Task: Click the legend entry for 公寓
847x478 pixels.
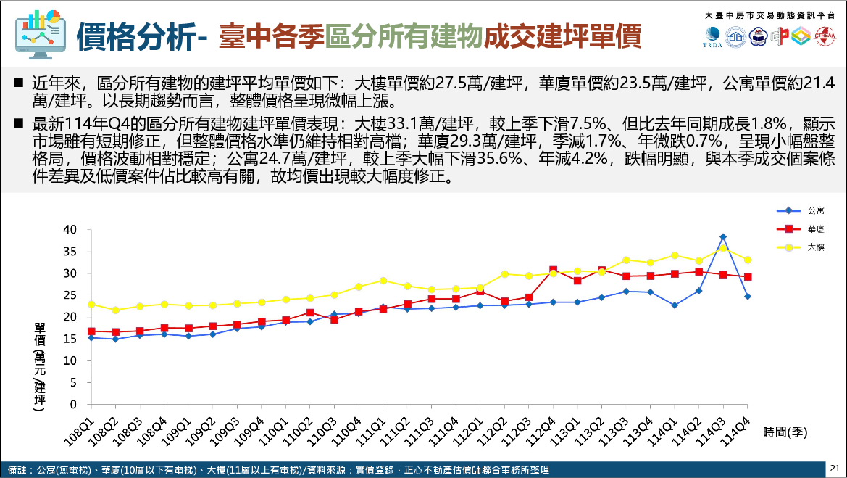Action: point(814,210)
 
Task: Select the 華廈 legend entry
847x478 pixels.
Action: point(814,228)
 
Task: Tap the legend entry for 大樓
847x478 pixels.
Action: point(814,247)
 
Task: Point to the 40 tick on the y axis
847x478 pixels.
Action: point(70,230)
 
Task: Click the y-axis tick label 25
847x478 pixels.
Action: point(70,295)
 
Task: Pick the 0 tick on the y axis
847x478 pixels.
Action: point(73,404)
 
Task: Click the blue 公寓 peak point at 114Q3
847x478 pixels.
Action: point(723,237)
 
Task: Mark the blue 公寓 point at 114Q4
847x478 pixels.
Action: point(747,296)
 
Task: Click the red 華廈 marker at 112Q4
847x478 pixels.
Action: point(553,270)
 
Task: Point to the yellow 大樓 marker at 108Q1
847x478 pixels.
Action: point(91,304)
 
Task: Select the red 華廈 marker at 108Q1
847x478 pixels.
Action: point(91,331)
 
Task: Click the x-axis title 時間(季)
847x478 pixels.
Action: point(785,432)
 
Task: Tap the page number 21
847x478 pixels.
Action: point(834,468)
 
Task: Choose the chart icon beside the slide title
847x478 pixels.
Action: point(40,33)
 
